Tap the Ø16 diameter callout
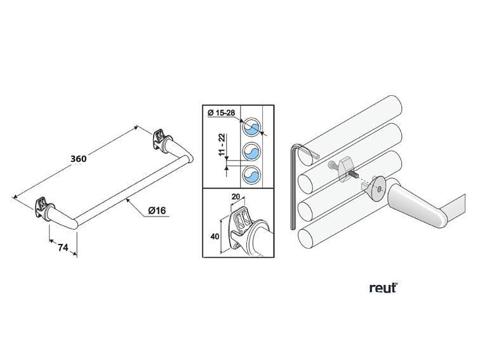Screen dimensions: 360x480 click(x=158, y=210)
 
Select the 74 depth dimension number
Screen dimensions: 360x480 click(x=63, y=248)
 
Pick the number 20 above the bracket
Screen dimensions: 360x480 click(x=235, y=197)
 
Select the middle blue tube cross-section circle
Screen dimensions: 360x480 click(x=252, y=151)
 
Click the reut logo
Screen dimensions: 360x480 click(x=383, y=288)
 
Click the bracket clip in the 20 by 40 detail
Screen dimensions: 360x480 click(x=242, y=225)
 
